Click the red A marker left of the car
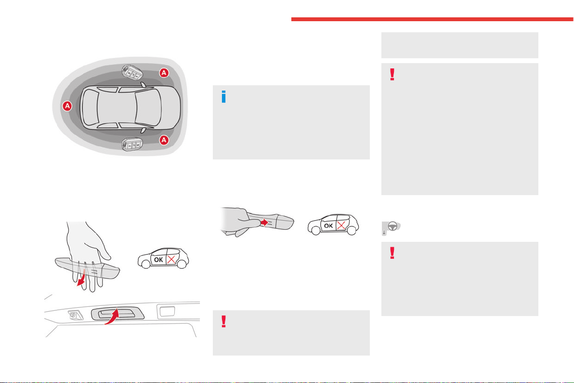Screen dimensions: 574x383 67,106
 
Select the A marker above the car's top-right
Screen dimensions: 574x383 164,73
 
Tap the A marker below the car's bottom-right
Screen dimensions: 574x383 164,140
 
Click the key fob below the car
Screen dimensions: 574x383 132,144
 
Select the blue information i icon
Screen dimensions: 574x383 223,97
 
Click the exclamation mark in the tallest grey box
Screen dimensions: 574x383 392,74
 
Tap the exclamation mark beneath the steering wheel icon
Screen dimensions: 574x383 392,253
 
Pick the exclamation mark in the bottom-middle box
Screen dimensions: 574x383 223,321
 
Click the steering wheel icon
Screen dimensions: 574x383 391,228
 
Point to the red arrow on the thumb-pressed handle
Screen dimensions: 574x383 264,222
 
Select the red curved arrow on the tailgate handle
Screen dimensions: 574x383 112,317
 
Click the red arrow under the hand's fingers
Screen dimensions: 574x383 81,277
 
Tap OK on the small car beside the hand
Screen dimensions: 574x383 158,260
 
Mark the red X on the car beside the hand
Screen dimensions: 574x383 171,260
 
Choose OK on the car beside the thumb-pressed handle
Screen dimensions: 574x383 328,225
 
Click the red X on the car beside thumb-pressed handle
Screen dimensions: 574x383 341,225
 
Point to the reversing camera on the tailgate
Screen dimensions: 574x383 75,315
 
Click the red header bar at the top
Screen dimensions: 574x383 432,19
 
